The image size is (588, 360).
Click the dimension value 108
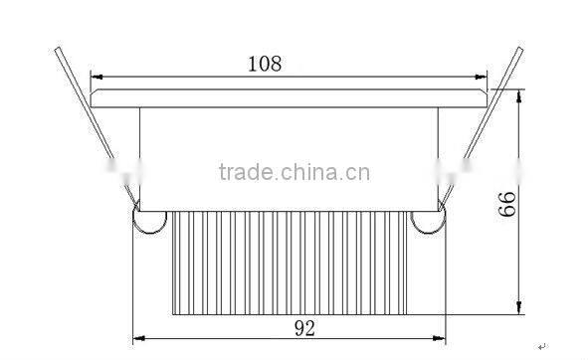point(265,64)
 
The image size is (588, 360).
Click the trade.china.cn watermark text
point(294,173)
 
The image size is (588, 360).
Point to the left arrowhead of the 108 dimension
point(96,77)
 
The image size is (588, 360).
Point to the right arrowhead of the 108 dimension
point(486,77)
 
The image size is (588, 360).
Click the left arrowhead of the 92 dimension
point(137,336)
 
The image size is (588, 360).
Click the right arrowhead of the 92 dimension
point(442,336)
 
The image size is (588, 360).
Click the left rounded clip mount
point(148,222)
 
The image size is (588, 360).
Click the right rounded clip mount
point(431,222)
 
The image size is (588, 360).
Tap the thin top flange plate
point(290,97)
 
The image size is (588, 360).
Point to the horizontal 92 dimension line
point(219,336)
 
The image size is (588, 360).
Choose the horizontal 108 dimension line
point(179,77)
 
